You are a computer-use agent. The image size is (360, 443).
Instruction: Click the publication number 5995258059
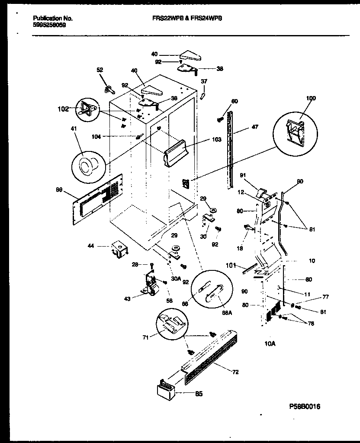[x=49, y=25]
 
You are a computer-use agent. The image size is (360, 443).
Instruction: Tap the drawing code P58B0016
[x=305, y=407]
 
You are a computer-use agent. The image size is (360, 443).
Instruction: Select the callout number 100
[x=311, y=98]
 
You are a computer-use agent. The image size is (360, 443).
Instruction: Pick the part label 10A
[x=270, y=343]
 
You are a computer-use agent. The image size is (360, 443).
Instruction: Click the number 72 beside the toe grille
[x=235, y=372]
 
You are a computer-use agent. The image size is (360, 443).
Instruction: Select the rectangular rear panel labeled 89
[x=100, y=199]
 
